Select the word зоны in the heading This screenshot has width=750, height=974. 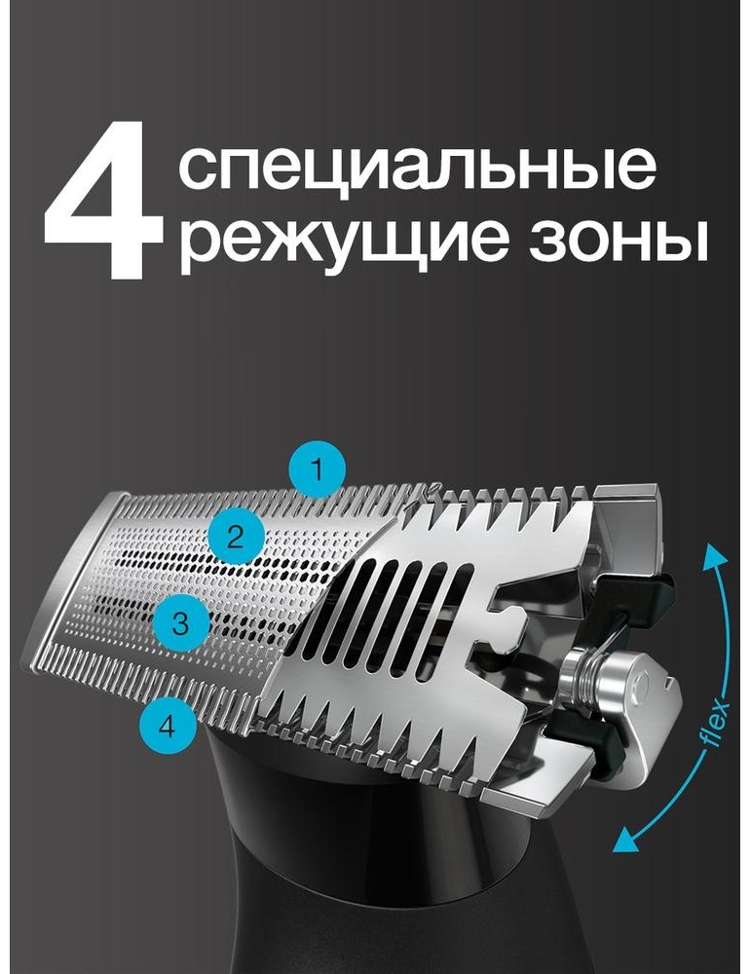(619, 241)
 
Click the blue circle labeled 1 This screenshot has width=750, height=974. (317, 469)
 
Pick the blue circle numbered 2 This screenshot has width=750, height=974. (236, 536)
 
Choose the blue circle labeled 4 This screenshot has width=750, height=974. (167, 726)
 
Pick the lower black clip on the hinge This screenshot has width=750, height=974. (587, 739)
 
